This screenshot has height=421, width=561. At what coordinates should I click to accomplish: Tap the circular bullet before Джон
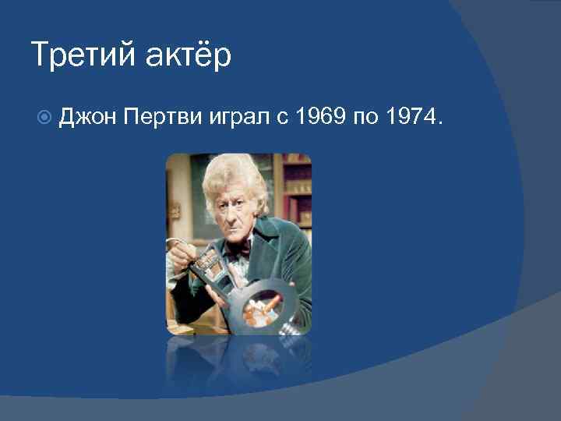click(x=44, y=118)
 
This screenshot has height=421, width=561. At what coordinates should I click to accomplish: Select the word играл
click(x=237, y=118)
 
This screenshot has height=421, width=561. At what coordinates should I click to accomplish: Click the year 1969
click(x=319, y=118)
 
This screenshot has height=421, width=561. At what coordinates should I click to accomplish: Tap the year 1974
click(x=411, y=118)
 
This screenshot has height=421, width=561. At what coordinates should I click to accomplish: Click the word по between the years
click(x=365, y=118)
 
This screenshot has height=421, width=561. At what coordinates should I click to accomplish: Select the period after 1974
click(x=442, y=124)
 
